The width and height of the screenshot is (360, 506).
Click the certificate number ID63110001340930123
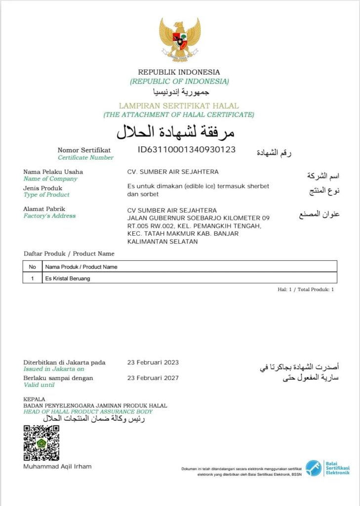[187, 149]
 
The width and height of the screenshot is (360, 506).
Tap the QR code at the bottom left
[41, 442]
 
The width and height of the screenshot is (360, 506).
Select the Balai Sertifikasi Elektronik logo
[327, 467]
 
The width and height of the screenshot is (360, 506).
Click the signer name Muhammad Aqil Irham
[57, 466]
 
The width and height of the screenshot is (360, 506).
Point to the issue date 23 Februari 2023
[153, 362]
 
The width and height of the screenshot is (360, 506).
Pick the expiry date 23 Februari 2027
[153, 378]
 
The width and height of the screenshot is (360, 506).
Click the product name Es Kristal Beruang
[68, 278]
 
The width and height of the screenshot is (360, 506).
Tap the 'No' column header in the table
[33, 267]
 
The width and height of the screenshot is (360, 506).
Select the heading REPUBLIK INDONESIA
[179, 72]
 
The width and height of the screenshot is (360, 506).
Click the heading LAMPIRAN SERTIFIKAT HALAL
[179, 106]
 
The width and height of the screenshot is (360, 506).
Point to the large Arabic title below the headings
[175, 132]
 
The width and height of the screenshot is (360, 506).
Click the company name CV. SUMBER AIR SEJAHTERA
[173, 172]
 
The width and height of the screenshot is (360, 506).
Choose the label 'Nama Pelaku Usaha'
[53, 172]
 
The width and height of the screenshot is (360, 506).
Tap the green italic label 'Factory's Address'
[50, 216]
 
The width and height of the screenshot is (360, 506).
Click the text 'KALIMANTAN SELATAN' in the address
[162, 242]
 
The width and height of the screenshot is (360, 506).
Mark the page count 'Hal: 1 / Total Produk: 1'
[306, 290]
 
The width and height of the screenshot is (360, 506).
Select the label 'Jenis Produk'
[43, 188]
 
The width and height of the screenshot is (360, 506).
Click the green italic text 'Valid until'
[39, 385]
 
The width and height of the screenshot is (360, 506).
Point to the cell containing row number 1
[33, 278]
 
